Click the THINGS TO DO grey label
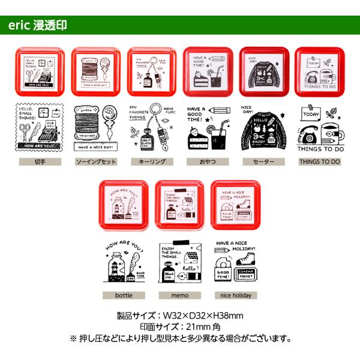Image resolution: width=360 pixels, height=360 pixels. click(320, 162)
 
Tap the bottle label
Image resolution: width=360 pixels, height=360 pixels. click(124, 295)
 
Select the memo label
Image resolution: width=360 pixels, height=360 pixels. click(179, 295)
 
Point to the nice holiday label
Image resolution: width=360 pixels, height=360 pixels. click(235, 295)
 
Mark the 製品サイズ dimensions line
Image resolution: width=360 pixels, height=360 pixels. click(179, 316)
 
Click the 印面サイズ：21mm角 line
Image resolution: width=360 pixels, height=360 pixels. click(179, 327)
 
